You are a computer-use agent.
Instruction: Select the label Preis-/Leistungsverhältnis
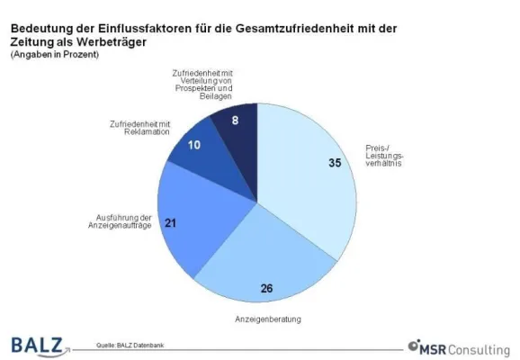[x=389, y=158]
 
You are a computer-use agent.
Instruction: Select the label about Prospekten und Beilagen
[x=206, y=90]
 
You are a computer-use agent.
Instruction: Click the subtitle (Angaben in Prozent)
[x=55, y=56]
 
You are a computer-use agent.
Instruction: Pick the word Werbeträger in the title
[x=102, y=43]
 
